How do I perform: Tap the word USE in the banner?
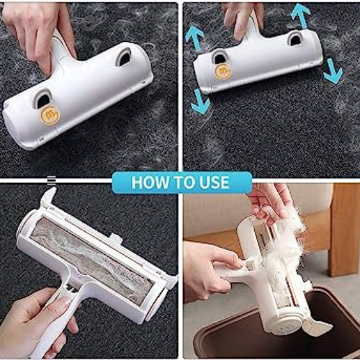tap(214, 182)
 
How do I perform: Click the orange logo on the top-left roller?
tap(50, 115)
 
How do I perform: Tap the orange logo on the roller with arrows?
tap(223, 71)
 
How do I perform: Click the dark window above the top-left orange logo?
tap(44, 99)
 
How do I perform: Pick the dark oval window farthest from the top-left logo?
tap(124, 58)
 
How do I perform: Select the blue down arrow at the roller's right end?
tap(333, 71)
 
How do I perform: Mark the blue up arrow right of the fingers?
tap(300, 15)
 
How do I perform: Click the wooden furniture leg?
tap(345, 230)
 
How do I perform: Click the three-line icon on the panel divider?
tap(51, 181)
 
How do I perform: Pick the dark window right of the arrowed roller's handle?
tap(295, 39)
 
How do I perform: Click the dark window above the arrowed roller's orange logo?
tap(219, 58)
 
